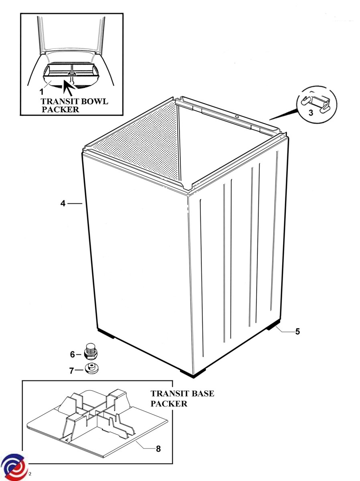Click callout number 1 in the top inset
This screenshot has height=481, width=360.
(41, 92)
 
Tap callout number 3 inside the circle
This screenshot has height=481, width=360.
(311, 113)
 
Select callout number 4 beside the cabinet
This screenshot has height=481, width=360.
(63, 204)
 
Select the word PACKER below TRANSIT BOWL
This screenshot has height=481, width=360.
(60, 109)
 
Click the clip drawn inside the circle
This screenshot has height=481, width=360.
(316, 103)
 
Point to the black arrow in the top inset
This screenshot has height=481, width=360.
(69, 87)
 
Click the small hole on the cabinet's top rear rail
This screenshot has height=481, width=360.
(237, 117)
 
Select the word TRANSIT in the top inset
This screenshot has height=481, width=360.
(57, 101)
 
